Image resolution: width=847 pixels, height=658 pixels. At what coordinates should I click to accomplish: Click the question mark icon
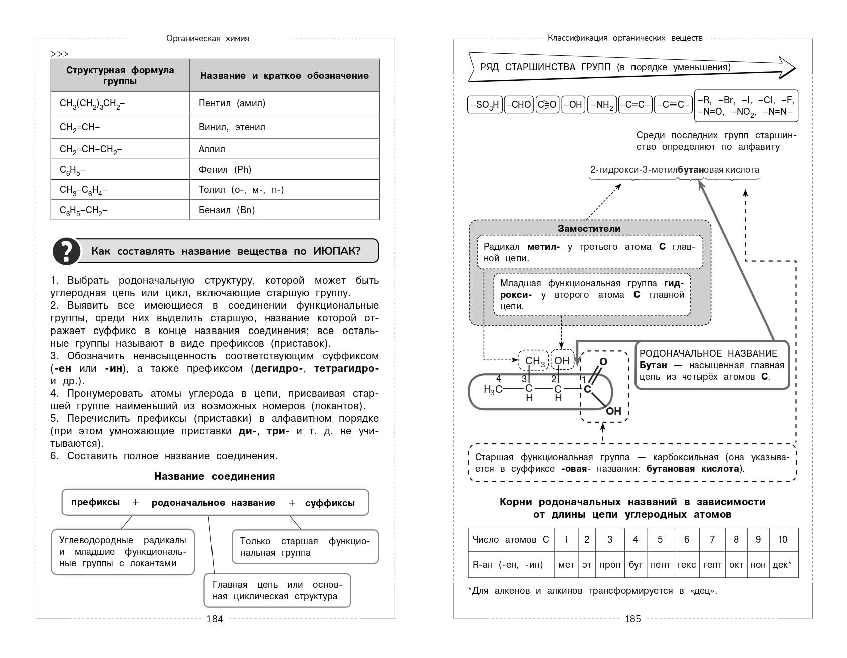tap(67, 251)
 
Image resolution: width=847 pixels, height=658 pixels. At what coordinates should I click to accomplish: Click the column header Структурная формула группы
tap(120, 75)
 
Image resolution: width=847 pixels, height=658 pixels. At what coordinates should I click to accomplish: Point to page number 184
tap(215, 619)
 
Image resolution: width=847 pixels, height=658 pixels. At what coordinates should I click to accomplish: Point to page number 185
tap(633, 619)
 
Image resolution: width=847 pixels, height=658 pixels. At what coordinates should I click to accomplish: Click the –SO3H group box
tap(484, 105)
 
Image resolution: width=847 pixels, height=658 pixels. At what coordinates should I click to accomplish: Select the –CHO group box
tap(518, 105)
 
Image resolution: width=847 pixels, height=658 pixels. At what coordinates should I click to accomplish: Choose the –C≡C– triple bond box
tap(673, 105)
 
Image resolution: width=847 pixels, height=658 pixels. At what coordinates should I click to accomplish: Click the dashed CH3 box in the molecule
tap(534, 361)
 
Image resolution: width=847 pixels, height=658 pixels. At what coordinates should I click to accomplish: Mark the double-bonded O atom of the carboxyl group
tap(603, 362)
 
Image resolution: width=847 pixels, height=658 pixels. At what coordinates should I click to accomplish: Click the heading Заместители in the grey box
tap(589, 229)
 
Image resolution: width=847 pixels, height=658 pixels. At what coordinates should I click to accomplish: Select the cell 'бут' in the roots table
tap(636, 565)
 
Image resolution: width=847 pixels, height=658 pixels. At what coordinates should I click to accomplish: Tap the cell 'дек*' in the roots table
tap(782, 565)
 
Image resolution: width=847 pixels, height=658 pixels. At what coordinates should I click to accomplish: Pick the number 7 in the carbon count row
tap(712, 540)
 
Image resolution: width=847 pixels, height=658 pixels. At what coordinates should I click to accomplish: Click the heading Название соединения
tap(215, 476)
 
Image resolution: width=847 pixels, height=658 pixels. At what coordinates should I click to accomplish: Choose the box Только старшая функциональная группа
tap(305, 547)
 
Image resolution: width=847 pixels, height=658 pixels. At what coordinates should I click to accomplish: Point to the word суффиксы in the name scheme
tap(330, 503)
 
